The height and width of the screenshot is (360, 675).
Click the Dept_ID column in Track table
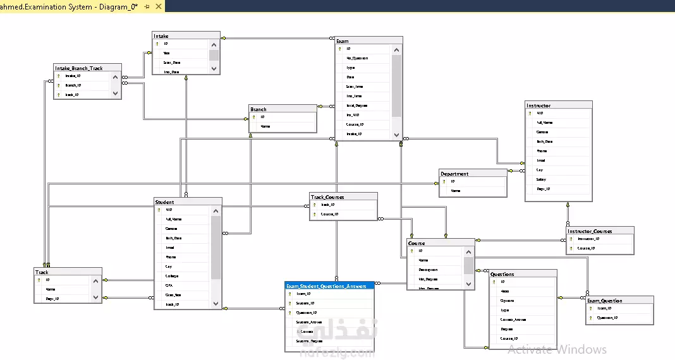tap(53, 299)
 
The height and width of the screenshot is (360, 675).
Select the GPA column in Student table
tap(170, 285)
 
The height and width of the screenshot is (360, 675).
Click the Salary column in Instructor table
tap(542, 179)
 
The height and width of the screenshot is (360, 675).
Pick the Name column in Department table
tap(456, 191)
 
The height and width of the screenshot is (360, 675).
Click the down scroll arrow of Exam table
tap(396, 135)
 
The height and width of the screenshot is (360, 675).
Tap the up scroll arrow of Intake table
tap(214, 45)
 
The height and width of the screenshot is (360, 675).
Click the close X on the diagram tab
tap(157, 6)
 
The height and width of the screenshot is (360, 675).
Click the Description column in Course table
tap(429, 269)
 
